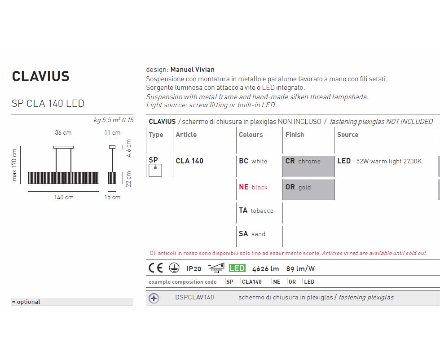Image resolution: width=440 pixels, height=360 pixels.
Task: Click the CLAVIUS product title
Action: tap(41, 76)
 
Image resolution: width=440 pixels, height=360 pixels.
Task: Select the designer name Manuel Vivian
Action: tap(193, 69)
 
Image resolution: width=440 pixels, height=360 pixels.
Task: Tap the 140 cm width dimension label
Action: tap(64, 197)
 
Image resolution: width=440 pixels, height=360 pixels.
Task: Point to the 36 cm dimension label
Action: tap(63, 132)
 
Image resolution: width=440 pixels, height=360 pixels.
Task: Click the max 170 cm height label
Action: tap(14, 165)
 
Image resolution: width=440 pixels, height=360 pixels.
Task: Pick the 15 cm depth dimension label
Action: tap(112, 197)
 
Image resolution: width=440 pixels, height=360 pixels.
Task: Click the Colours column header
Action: tap(251, 135)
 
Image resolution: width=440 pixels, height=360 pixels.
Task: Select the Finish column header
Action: tap(295, 135)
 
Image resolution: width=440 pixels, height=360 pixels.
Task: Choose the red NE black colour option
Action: tap(253, 187)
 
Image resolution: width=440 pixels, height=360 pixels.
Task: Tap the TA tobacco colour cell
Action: tap(256, 211)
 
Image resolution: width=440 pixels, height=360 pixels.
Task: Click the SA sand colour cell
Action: tap(252, 234)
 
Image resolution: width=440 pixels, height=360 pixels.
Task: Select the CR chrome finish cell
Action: tap(308, 166)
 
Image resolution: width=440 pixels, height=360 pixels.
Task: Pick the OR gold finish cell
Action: tap(308, 190)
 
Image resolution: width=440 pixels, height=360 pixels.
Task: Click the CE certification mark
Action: tap(156, 268)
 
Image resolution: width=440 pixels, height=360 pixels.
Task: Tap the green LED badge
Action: tap(237, 268)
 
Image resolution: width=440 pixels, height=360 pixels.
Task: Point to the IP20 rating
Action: tap(194, 269)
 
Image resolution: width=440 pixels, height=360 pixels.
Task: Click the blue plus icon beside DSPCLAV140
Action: tap(154, 298)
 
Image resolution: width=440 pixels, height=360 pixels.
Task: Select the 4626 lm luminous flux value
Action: tap(265, 269)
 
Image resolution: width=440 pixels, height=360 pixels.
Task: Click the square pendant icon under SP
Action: tap(155, 170)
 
